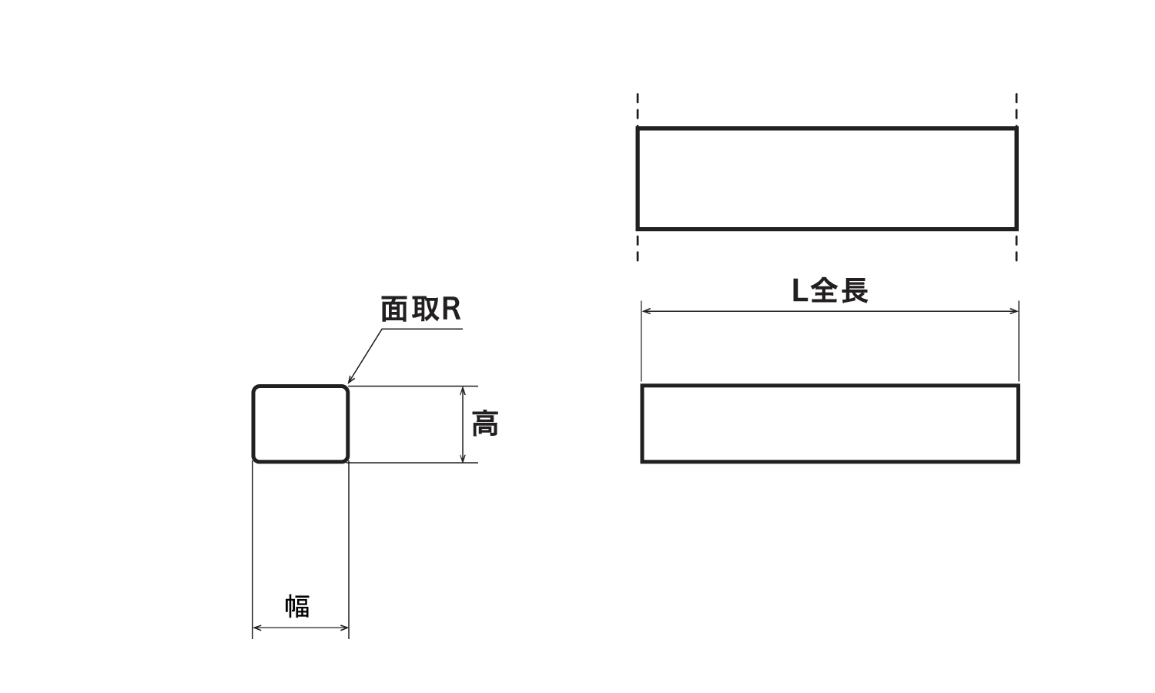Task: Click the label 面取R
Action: pos(420,310)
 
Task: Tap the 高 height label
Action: pos(485,424)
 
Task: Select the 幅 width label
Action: pos(298,606)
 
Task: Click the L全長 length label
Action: pos(830,291)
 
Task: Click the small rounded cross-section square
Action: pos(301,424)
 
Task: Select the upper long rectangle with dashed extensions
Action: pos(827,179)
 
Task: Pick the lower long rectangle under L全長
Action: pos(830,423)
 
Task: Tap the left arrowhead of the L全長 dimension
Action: pos(646,311)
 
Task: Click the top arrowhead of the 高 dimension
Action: pos(463,390)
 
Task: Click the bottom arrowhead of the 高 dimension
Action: pos(463,458)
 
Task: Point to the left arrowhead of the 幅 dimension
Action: pos(257,628)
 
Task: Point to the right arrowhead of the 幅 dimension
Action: pos(345,628)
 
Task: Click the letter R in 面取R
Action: pos(451,310)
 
